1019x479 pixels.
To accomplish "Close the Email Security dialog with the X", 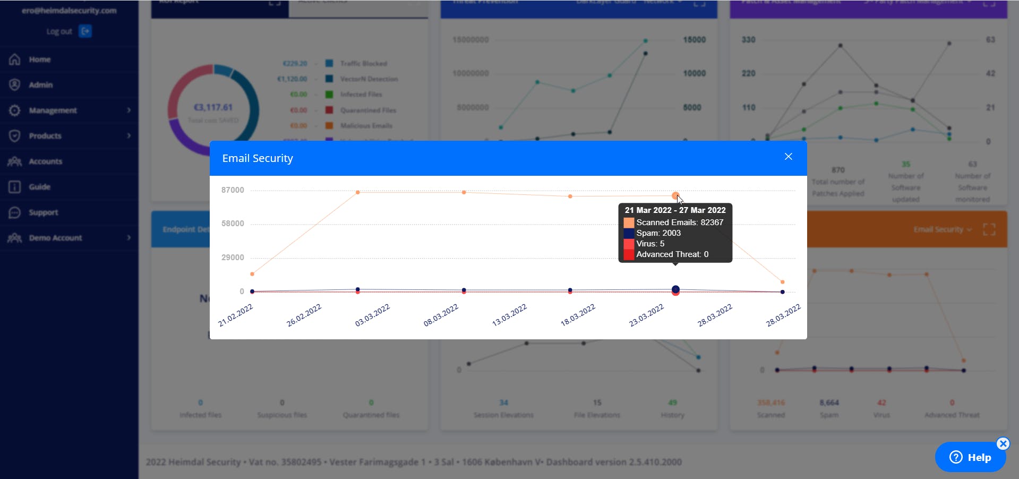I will tap(789, 157).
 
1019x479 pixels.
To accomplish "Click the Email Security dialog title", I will tap(258, 158).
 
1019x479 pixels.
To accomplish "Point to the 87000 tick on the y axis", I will tap(233, 190).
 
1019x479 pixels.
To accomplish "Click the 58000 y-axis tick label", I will tap(233, 224).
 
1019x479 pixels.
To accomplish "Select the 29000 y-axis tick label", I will tap(233, 258).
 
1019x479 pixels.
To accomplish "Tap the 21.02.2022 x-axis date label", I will tap(236, 315).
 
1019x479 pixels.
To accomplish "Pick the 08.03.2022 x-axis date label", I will tap(441, 315).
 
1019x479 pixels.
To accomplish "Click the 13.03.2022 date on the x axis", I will tap(509, 315).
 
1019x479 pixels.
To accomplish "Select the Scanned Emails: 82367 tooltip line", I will tap(679, 223).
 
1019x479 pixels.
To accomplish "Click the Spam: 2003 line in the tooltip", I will tap(658, 233).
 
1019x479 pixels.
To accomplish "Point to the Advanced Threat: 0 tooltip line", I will tap(672, 254).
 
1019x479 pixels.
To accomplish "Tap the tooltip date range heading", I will tap(675, 210).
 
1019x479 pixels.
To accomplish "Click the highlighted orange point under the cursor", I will tap(675, 196).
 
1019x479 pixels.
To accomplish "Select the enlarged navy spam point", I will tap(675, 289).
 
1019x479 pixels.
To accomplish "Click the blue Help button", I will tap(970, 457).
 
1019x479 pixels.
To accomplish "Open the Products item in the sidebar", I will tap(45, 136).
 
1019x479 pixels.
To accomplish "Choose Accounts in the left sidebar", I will tap(46, 161).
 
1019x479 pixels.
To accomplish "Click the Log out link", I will tap(59, 32).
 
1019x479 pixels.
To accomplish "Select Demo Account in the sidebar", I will tap(55, 238).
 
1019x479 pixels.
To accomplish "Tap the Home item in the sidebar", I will tap(40, 59).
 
